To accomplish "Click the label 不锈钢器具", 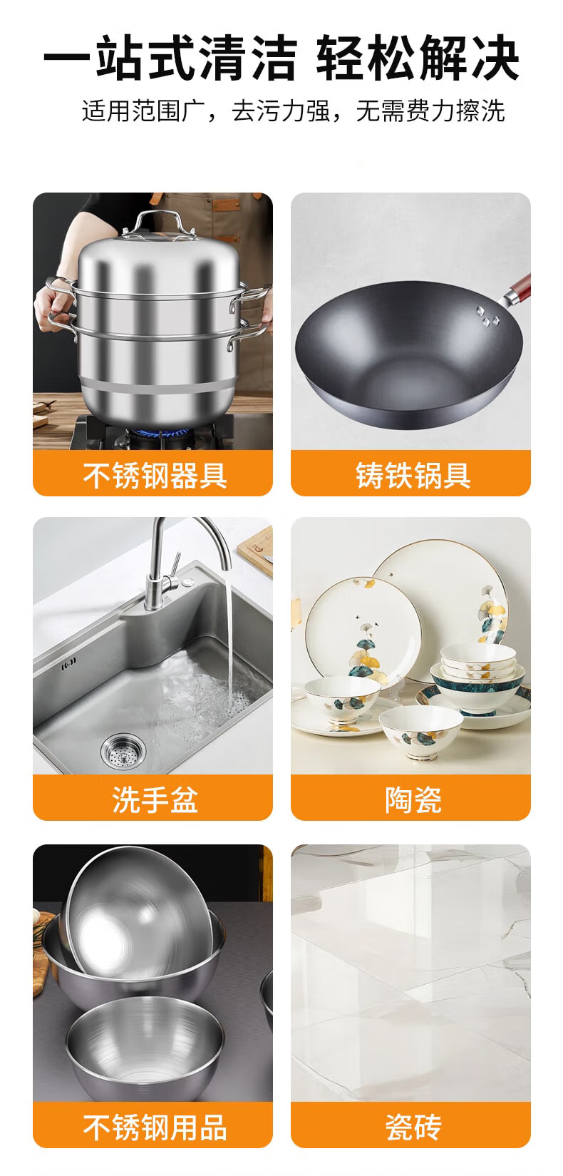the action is click(x=155, y=476).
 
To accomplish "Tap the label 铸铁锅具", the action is click(x=413, y=476).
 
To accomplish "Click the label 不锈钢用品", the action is click(x=155, y=1127).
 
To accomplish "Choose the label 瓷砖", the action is click(x=413, y=1127).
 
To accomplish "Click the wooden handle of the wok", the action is click(x=519, y=290).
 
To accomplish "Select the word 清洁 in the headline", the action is click(x=248, y=58).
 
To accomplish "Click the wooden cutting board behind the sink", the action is click(x=256, y=548).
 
